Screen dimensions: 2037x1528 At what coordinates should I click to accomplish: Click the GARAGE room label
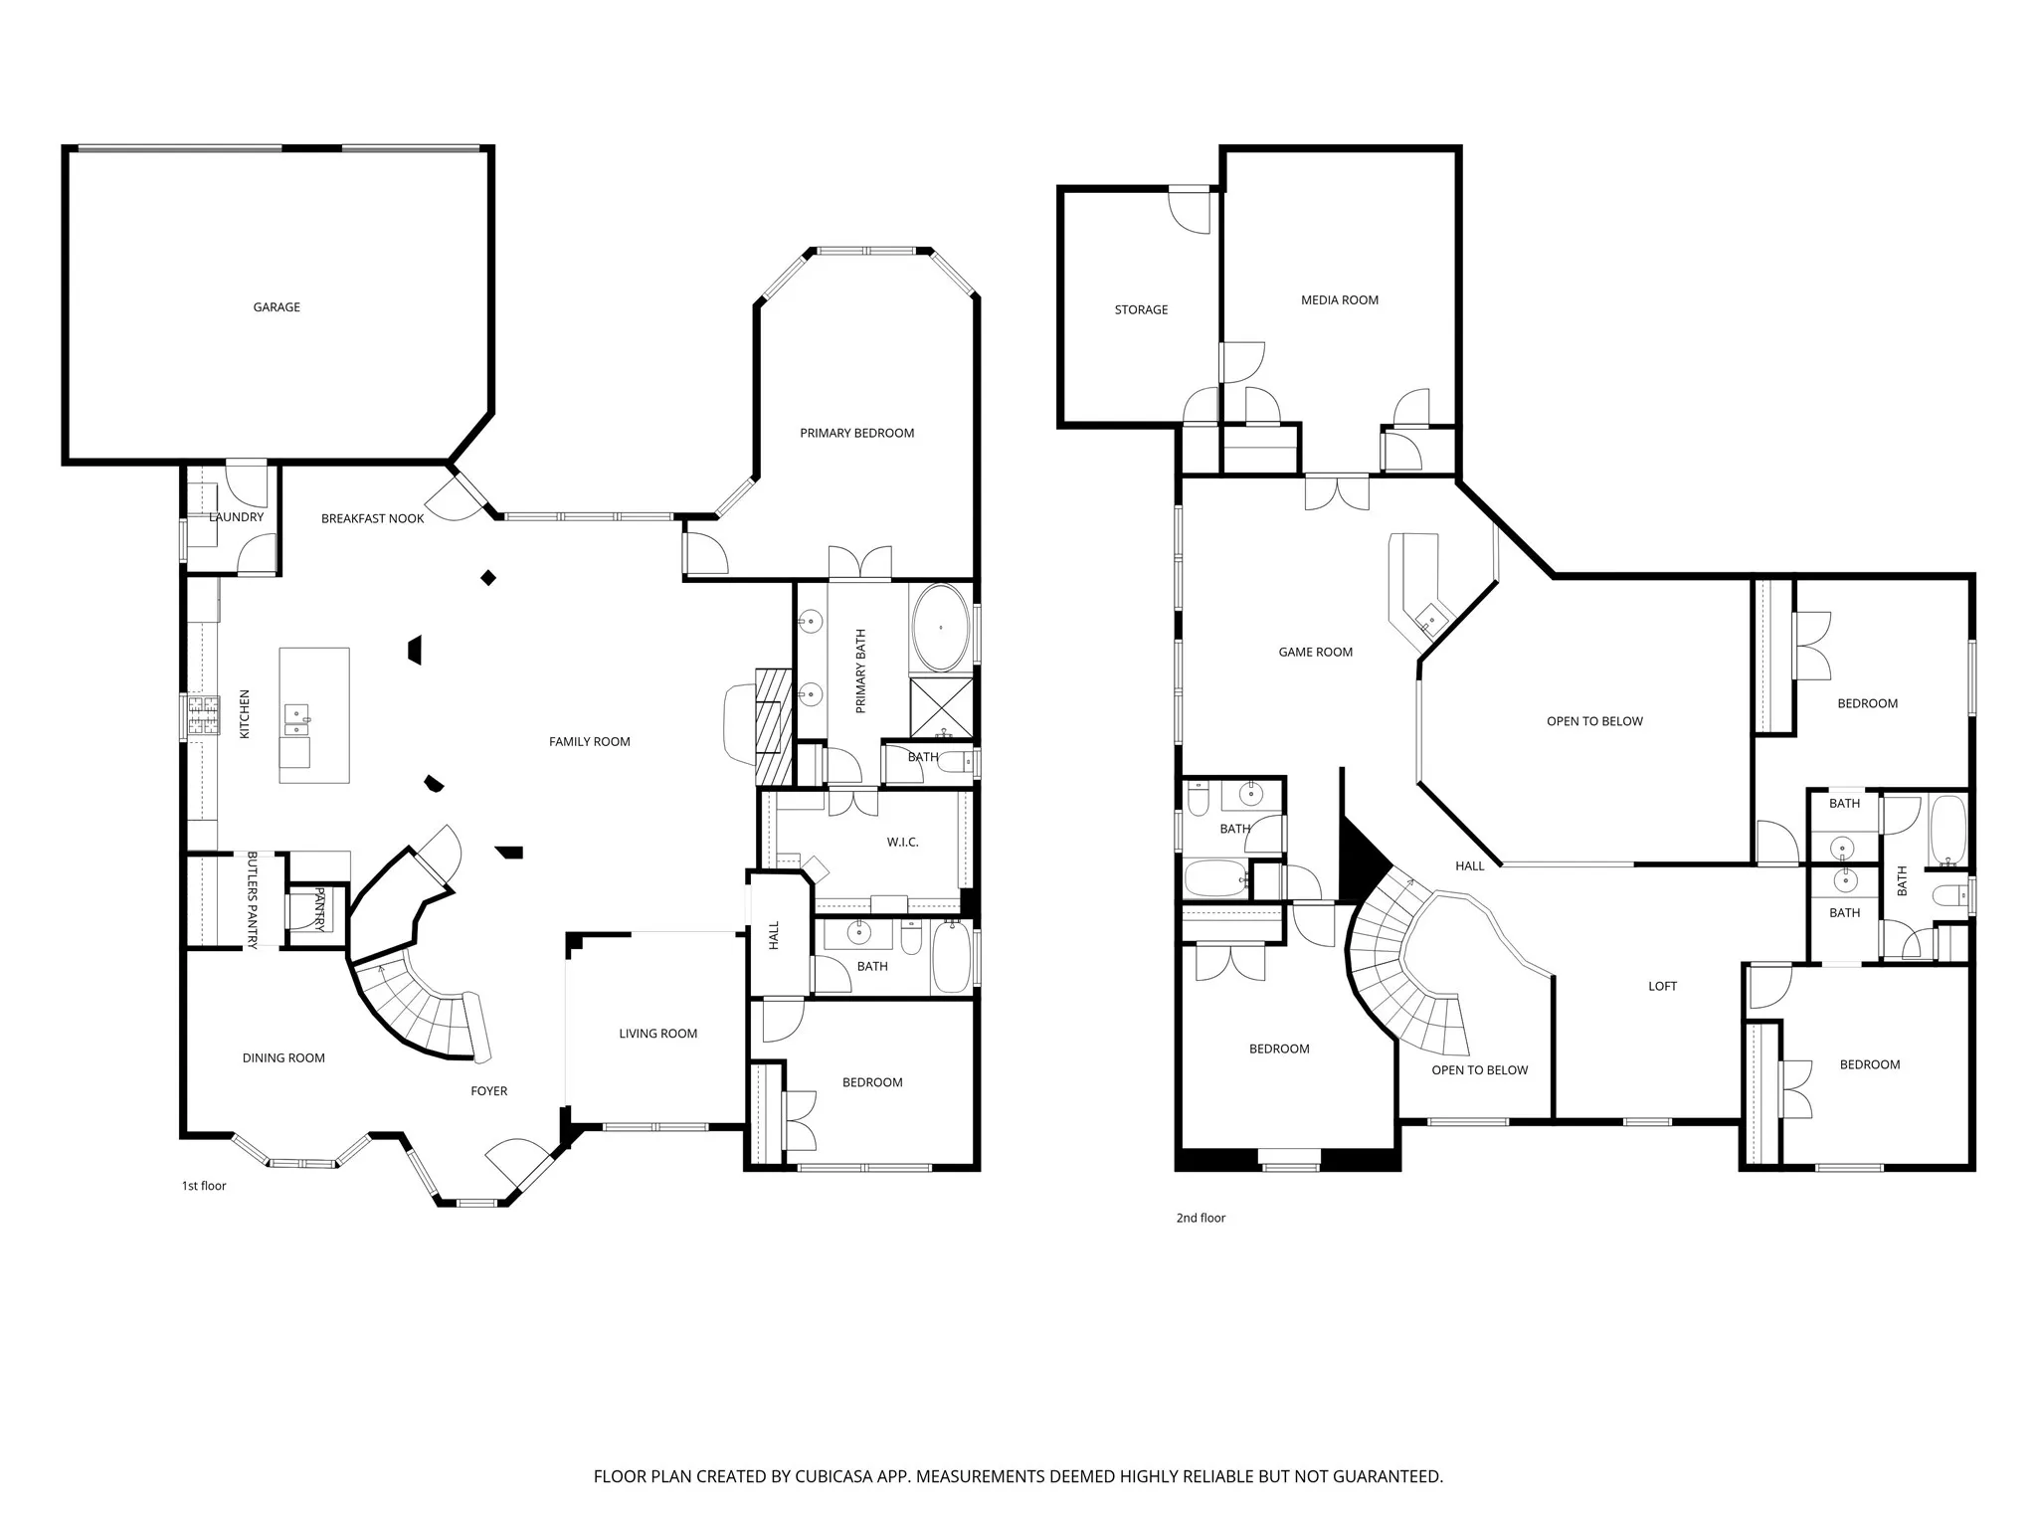277,307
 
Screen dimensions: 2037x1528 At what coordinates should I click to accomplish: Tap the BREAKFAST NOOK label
373,518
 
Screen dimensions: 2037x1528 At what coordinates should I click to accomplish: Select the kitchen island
314,715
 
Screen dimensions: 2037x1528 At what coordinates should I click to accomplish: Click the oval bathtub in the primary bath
941,628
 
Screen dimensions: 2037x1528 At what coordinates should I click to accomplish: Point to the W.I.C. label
903,843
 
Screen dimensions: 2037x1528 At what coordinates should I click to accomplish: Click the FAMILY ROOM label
590,741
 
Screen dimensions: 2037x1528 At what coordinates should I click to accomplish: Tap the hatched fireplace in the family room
773,726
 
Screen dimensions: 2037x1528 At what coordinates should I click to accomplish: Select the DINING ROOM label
283,1057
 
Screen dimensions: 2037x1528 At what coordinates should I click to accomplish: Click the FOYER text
489,1091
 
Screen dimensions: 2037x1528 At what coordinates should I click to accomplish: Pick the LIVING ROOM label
658,1034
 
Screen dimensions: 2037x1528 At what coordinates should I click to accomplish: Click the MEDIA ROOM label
1340,300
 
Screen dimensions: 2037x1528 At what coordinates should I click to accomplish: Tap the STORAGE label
1141,310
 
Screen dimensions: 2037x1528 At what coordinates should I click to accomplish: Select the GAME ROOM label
1316,653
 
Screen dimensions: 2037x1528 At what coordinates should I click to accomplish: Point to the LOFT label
1663,986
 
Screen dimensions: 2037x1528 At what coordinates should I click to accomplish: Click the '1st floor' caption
204,1186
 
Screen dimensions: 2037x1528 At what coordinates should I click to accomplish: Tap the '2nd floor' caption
1201,1218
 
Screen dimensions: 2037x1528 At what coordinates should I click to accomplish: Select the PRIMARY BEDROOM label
857,433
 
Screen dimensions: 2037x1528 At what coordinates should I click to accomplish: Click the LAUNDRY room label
237,517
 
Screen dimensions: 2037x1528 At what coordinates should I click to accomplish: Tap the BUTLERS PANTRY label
253,900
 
